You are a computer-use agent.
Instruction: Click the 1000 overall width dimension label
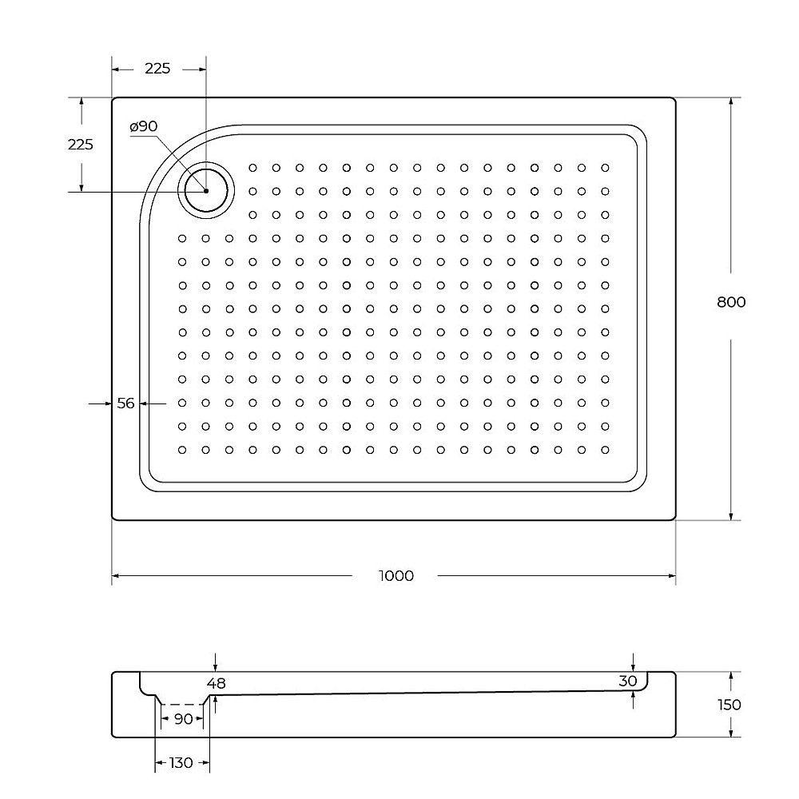point(397,575)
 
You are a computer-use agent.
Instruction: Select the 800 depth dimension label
point(730,302)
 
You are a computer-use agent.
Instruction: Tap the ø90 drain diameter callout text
point(143,126)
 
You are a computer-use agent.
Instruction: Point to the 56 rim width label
point(125,403)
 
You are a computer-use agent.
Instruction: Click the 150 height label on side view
point(729,704)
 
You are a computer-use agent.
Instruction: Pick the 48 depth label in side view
point(216,683)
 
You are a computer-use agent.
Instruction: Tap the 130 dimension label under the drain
point(181,763)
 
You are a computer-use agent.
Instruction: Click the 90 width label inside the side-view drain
point(183,719)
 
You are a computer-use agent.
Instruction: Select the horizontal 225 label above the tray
point(157,69)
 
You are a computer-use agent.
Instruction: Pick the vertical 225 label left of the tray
point(80,145)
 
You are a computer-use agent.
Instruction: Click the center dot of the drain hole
point(205,191)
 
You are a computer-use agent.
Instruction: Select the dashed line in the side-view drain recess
point(182,705)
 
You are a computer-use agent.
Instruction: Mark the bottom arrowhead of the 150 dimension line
point(730,733)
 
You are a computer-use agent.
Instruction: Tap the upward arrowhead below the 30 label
point(633,695)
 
